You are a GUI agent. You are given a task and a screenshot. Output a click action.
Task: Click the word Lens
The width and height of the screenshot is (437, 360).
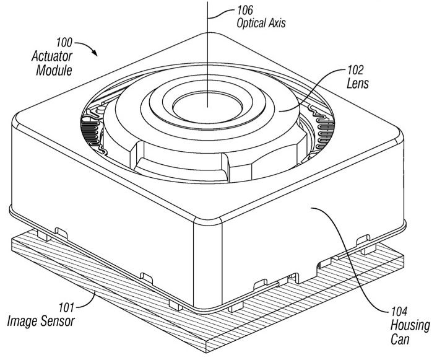(x=359, y=83)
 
